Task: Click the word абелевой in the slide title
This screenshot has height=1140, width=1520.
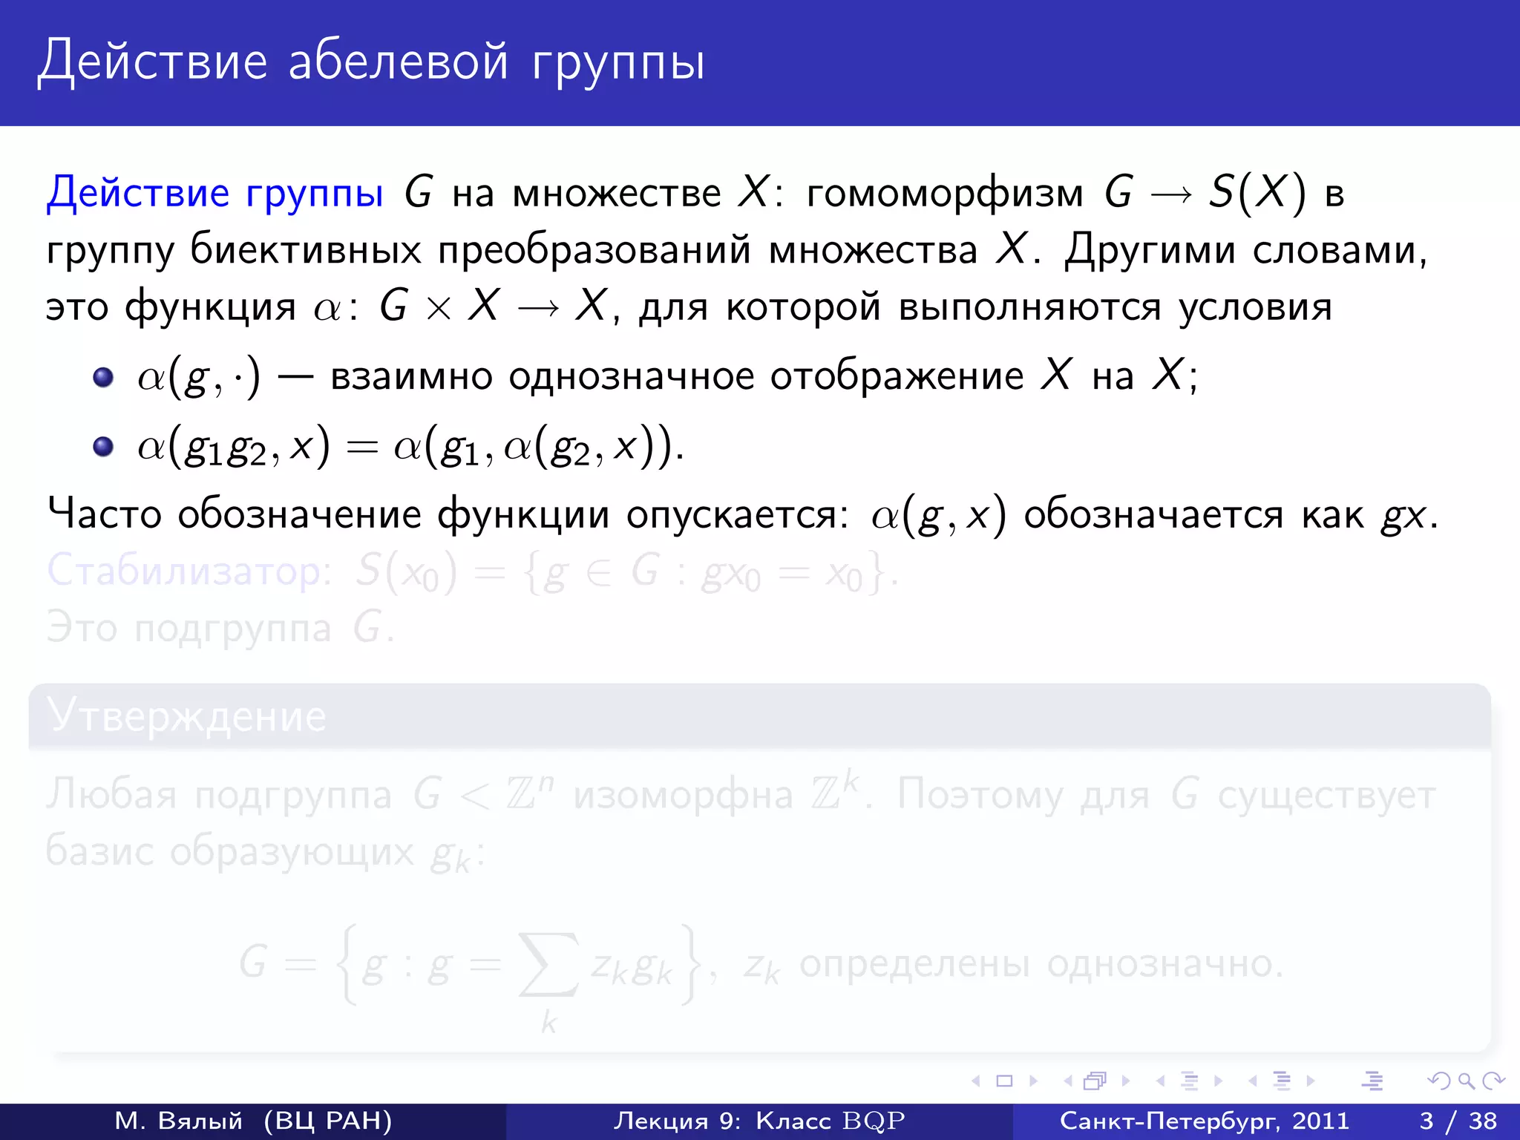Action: (398, 61)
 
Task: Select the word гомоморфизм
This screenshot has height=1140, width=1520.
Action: (944, 194)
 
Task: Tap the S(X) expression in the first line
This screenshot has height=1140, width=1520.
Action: (1257, 193)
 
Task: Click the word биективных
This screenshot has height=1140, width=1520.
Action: (306, 249)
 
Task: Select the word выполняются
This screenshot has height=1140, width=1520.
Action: (1029, 307)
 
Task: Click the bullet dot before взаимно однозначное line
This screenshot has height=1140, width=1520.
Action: (103, 377)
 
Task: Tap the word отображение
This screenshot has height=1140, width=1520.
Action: (897, 376)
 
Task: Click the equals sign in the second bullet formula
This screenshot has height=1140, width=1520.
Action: (362, 448)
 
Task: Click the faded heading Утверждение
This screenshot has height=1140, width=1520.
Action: (186, 716)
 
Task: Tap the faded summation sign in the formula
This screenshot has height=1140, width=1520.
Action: (548, 964)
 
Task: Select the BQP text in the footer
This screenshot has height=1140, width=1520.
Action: (874, 1121)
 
